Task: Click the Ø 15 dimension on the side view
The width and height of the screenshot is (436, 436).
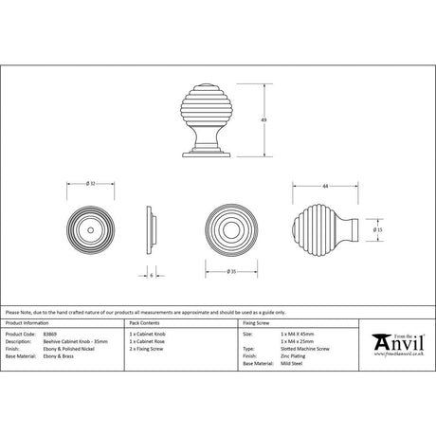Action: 377,229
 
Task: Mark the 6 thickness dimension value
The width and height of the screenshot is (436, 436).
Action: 152,275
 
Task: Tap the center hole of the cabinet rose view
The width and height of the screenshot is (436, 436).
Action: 91,229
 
